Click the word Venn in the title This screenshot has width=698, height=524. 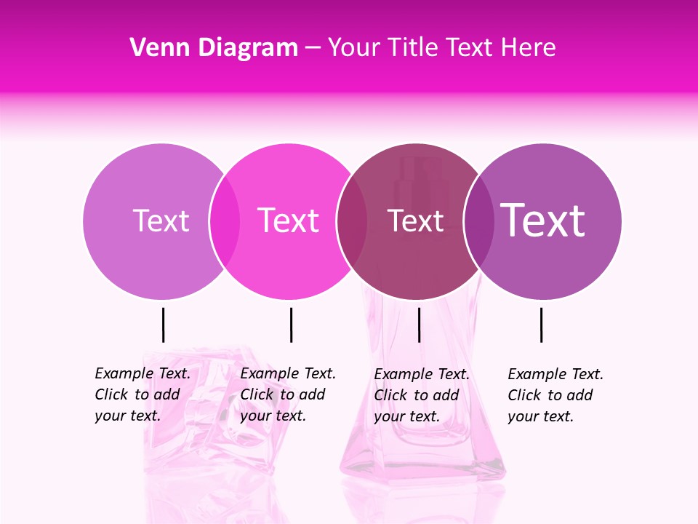tap(159, 48)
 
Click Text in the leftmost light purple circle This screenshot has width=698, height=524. tap(161, 221)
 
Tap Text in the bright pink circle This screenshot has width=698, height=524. tap(289, 221)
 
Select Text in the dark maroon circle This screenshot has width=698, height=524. tap(416, 221)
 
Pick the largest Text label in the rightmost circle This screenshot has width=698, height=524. tap(543, 220)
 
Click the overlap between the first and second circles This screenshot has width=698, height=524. tap(225, 221)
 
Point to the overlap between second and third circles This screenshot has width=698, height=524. tap(352, 221)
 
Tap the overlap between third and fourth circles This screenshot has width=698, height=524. tap(479, 221)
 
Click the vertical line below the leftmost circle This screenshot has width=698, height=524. tap(164, 325)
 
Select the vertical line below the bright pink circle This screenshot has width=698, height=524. tap(291, 325)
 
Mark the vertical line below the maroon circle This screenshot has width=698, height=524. tap(419, 325)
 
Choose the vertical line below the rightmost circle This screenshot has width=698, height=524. tap(542, 325)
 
